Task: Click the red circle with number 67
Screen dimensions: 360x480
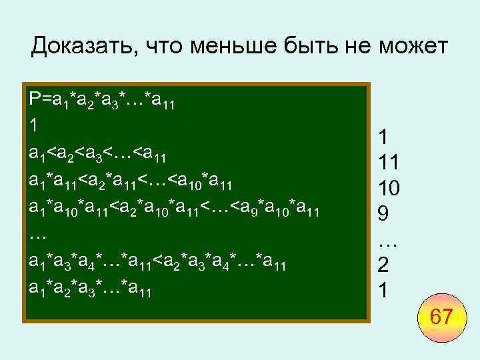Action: click(x=441, y=316)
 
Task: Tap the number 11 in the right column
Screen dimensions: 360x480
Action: click(x=389, y=162)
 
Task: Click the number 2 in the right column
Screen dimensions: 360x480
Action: click(x=383, y=265)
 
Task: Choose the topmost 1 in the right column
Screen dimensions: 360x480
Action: click(x=383, y=137)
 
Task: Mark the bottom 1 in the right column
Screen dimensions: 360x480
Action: click(x=383, y=291)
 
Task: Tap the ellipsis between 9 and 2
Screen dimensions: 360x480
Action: click(x=387, y=241)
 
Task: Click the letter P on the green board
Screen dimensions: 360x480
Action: click(x=35, y=100)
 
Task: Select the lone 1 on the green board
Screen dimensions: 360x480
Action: click(x=34, y=125)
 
